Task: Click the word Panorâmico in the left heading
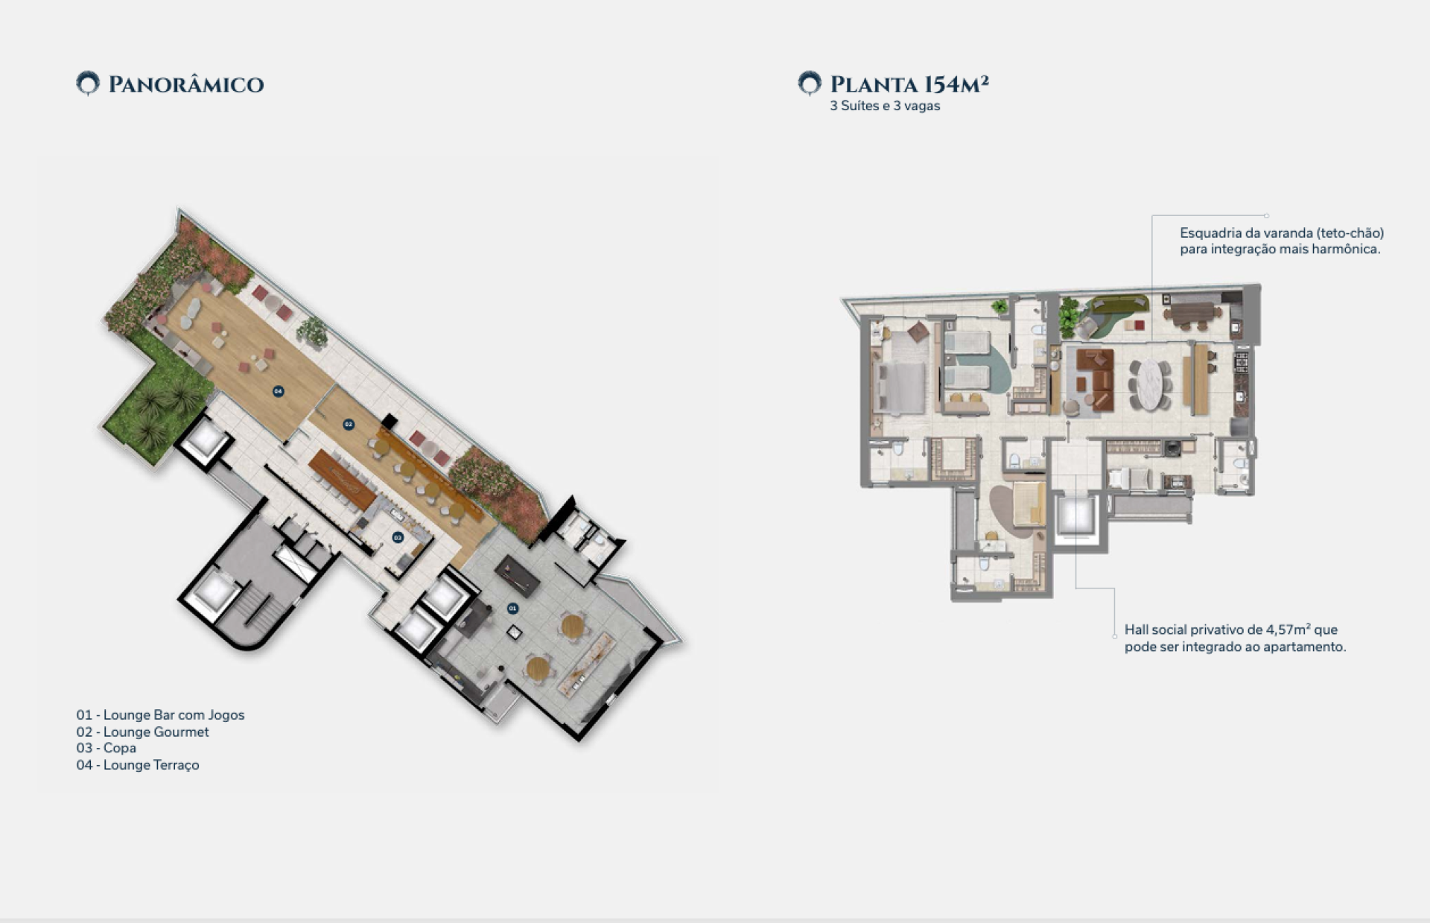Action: pyautogui.click(x=186, y=84)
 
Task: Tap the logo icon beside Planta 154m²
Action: pyautogui.click(x=810, y=83)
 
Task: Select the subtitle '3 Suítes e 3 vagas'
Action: pyautogui.click(x=885, y=106)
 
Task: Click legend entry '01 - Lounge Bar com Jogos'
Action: pyautogui.click(x=160, y=715)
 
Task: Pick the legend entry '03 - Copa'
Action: pyautogui.click(x=106, y=748)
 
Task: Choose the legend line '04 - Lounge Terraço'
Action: pyautogui.click(x=138, y=765)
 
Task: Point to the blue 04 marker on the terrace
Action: pyautogui.click(x=278, y=391)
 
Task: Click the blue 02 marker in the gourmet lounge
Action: pyautogui.click(x=348, y=424)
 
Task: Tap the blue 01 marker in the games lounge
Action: pyautogui.click(x=512, y=609)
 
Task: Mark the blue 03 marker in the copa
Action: pyautogui.click(x=398, y=537)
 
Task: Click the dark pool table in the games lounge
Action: pyautogui.click(x=518, y=575)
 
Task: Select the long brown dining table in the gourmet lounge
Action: pyautogui.click(x=342, y=480)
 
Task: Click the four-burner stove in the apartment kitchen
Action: pyautogui.click(x=1242, y=362)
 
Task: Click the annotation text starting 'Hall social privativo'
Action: pyautogui.click(x=1235, y=638)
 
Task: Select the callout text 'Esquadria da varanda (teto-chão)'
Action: pyautogui.click(x=1282, y=233)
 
